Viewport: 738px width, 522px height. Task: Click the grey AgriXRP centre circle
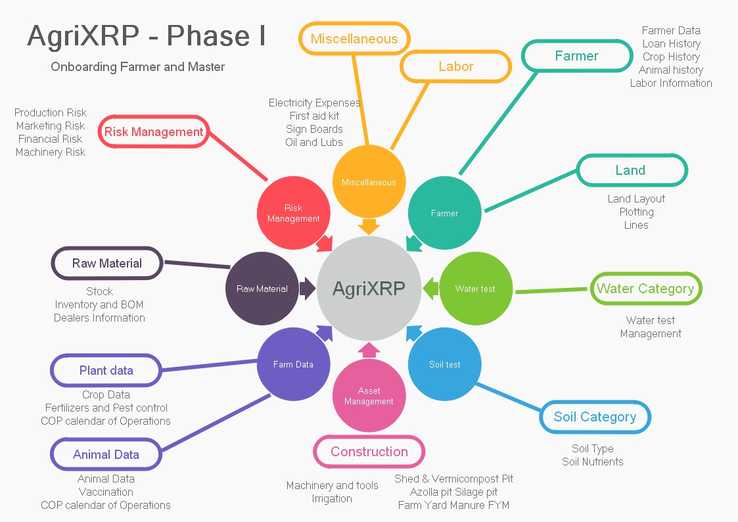[x=369, y=288]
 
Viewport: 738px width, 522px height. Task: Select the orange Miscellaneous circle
[x=369, y=182]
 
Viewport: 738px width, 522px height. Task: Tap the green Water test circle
[x=475, y=289]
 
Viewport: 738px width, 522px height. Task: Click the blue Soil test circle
[x=445, y=364]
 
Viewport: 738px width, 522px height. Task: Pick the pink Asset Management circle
[x=369, y=395]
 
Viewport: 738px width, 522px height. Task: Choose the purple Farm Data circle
[x=293, y=364]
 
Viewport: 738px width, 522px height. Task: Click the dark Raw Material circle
[x=262, y=289]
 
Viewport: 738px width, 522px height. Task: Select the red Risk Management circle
[x=293, y=213]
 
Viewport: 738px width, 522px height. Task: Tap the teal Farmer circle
[x=444, y=213]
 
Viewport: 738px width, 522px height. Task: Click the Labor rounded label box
[x=455, y=66]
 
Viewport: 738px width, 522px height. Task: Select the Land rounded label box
[x=632, y=170]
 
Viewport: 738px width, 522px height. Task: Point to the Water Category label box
[x=645, y=289]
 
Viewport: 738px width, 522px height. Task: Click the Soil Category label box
[x=595, y=417]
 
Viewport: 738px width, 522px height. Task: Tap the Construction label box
[x=369, y=452]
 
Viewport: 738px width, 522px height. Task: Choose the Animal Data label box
[x=106, y=454]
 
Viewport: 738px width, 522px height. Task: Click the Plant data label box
[x=106, y=370]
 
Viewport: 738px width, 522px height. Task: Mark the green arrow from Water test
[x=430, y=288]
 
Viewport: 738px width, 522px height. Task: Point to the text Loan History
[x=671, y=43]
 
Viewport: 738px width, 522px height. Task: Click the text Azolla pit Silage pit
[x=453, y=492]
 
